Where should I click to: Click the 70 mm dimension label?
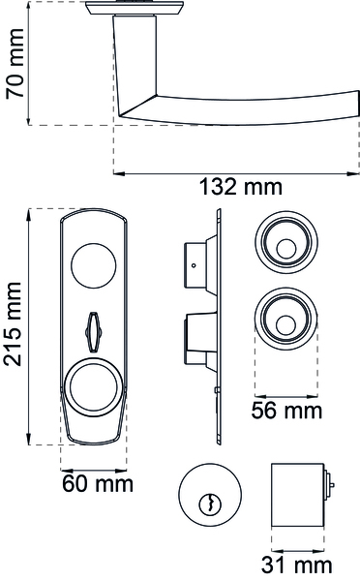click(15, 64)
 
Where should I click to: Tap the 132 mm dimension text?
click(241, 187)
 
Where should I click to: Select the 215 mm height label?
click(13, 323)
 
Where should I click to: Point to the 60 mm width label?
click(98, 484)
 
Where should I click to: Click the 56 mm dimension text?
click(286, 411)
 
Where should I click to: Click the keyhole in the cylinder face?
click(210, 504)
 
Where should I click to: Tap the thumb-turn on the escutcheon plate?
click(93, 332)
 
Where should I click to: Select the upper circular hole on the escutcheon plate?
click(93, 265)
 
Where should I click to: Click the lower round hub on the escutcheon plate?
click(93, 388)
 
